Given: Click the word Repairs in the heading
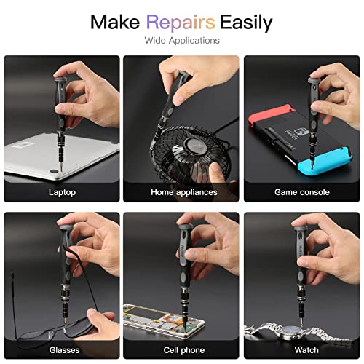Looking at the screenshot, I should pos(181,22).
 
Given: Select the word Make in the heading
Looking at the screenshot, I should pos(116,22).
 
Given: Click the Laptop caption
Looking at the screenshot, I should pos(62,192).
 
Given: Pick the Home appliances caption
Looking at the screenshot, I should pos(183,192).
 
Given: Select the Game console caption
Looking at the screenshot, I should pos(301,192).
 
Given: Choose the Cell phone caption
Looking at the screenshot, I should pos(183,349).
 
